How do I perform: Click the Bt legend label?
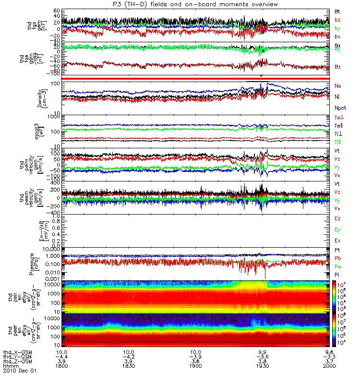click(x=337, y=11)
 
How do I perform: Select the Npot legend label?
click(x=339, y=108)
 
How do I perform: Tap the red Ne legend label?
click(x=338, y=85)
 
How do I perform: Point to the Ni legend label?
click(x=337, y=96)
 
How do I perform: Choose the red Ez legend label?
click(x=337, y=218)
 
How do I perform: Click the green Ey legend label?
click(x=337, y=229)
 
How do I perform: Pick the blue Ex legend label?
click(x=337, y=240)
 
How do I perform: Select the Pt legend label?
click(x=337, y=251)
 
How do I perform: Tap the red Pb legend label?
click(x=337, y=259)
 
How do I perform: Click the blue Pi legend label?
click(x=337, y=275)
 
